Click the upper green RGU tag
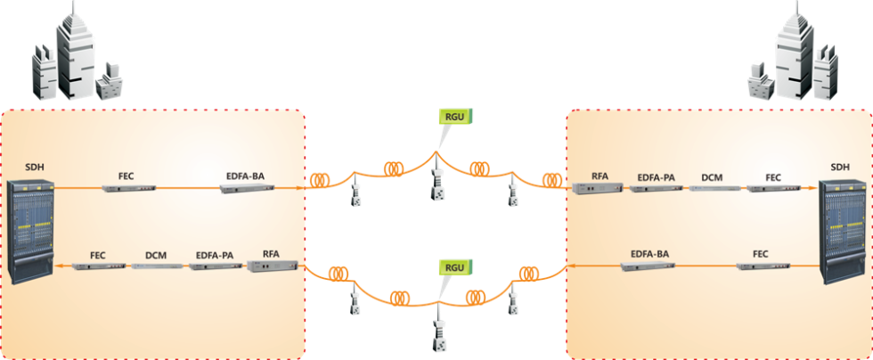[454, 115]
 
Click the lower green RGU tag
[454, 266]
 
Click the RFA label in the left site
[271, 254]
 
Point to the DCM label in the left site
[156, 255]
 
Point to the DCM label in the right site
[712, 176]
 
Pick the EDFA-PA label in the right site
[655, 176]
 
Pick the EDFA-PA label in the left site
[214, 255]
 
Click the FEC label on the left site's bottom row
[97, 255]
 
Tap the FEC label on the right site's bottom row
[760, 254]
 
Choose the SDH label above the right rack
[840, 167]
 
